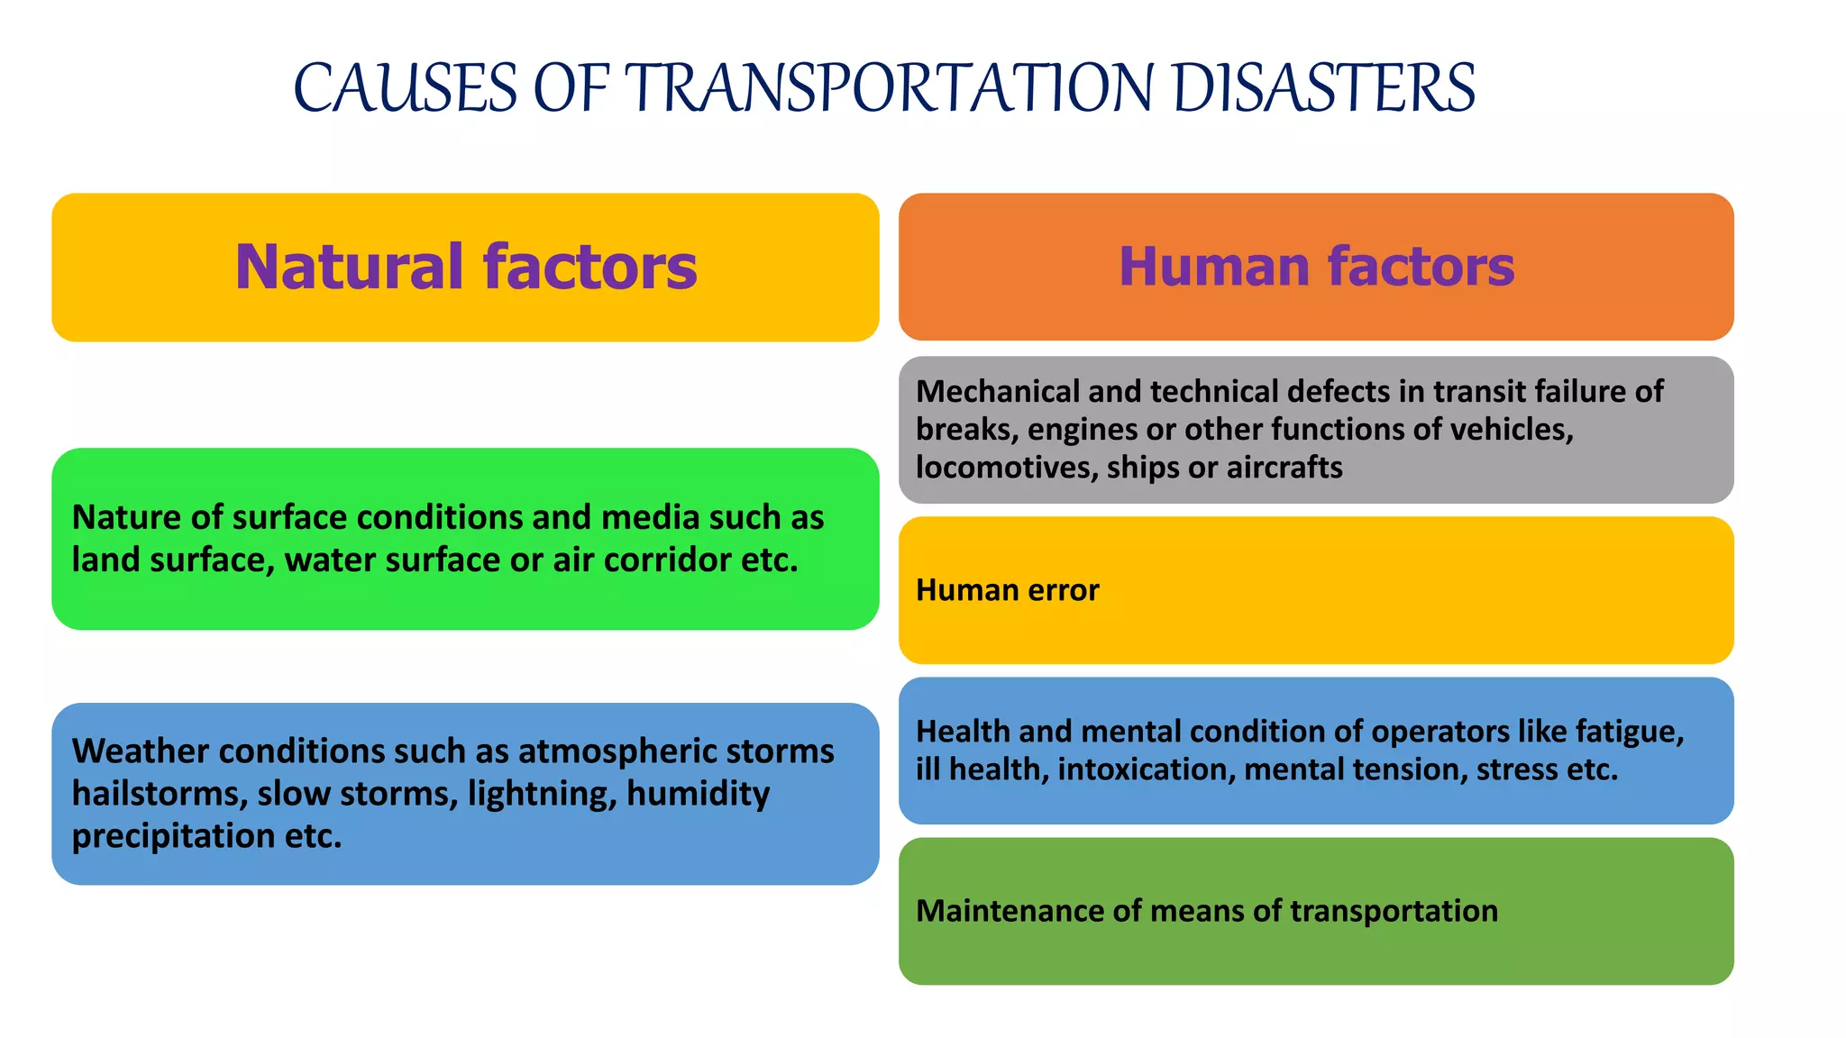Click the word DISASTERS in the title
pos(1324,88)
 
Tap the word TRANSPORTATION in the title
pos(889,88)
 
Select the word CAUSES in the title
pos(406,88)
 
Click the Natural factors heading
pos(466,267)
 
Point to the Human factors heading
pos(1316,267)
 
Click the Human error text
pos(1007,590)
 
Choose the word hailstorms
pos(159,794)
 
